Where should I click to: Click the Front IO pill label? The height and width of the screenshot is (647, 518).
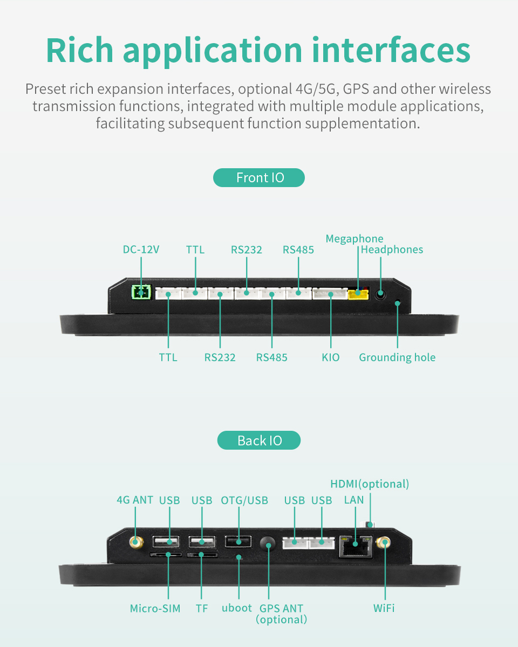[259, 178]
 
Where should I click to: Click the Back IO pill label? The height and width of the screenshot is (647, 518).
[259, 440]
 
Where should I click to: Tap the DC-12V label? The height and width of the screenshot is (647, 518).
[141, 250]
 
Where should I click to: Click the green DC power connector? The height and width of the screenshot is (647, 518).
[141, 292]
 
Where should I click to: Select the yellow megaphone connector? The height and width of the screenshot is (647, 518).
[358, 294]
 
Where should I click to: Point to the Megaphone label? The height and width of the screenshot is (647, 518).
[355, 239]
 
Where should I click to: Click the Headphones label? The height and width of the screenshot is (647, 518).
[392, 250]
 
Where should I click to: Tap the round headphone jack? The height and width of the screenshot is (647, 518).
[380, 294]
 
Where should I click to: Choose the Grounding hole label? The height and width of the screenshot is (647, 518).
[397, 357]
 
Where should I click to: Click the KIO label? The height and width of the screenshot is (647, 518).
[331, 357]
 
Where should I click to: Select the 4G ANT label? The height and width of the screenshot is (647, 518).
[135, 500]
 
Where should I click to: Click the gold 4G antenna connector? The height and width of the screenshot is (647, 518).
[135, 542]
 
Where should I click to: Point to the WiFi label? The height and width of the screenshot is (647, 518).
[384, 608]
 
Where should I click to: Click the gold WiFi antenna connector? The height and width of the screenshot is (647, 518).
[384, 542]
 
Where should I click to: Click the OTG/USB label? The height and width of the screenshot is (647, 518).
[244, 500]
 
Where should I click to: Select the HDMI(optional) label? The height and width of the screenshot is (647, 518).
[370, 484]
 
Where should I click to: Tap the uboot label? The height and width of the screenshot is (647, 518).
[237, 608]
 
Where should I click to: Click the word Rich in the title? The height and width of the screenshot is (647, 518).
[79, 50]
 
